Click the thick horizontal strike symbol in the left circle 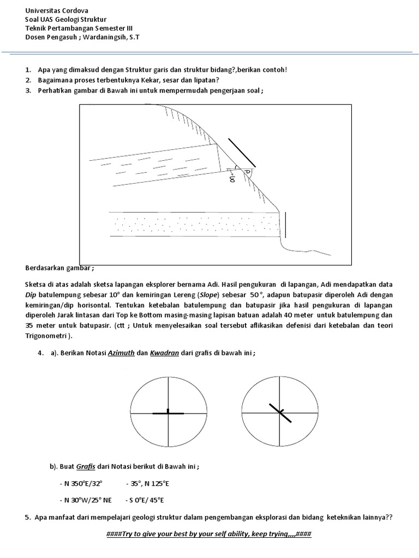click(x=169, y=414)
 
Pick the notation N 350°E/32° click(x=80, y=484)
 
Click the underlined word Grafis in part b click(x=86, y=467)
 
